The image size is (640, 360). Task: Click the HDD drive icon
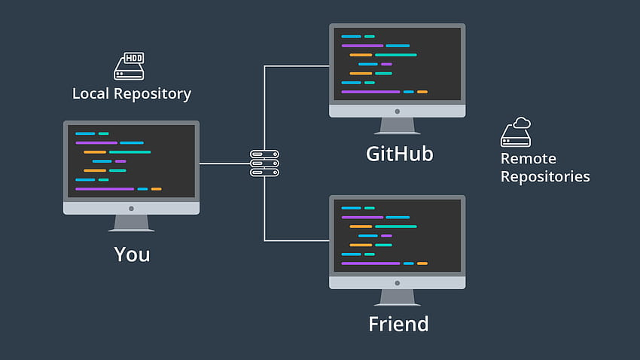pos(129,66)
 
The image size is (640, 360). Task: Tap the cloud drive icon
pos(516,132)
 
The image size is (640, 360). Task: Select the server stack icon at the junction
pos(264,163)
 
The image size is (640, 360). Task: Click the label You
pos(132,255)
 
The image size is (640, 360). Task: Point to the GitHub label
pos(399,154)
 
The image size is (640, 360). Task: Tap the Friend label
pos(398,324)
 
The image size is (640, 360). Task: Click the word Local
pos(90,93)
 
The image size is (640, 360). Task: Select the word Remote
pos(528,158)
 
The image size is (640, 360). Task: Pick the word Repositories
pos(545,177)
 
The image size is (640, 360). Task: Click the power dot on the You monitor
pos(132,209)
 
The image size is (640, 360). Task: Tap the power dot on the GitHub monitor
pos(397,111)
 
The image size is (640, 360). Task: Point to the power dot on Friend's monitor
pos(397,283)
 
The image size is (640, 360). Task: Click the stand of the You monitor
pos(132,223)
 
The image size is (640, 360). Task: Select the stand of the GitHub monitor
pos(397,126)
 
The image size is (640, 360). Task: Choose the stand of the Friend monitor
pos(397,297)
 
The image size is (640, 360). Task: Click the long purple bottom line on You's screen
pos(105,189)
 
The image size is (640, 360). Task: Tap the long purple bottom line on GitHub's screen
pos(370,92)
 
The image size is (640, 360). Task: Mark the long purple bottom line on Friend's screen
pos(370,264)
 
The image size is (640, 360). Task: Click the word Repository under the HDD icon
pos(152,94)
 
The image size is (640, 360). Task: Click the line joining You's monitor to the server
pos(224,163)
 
